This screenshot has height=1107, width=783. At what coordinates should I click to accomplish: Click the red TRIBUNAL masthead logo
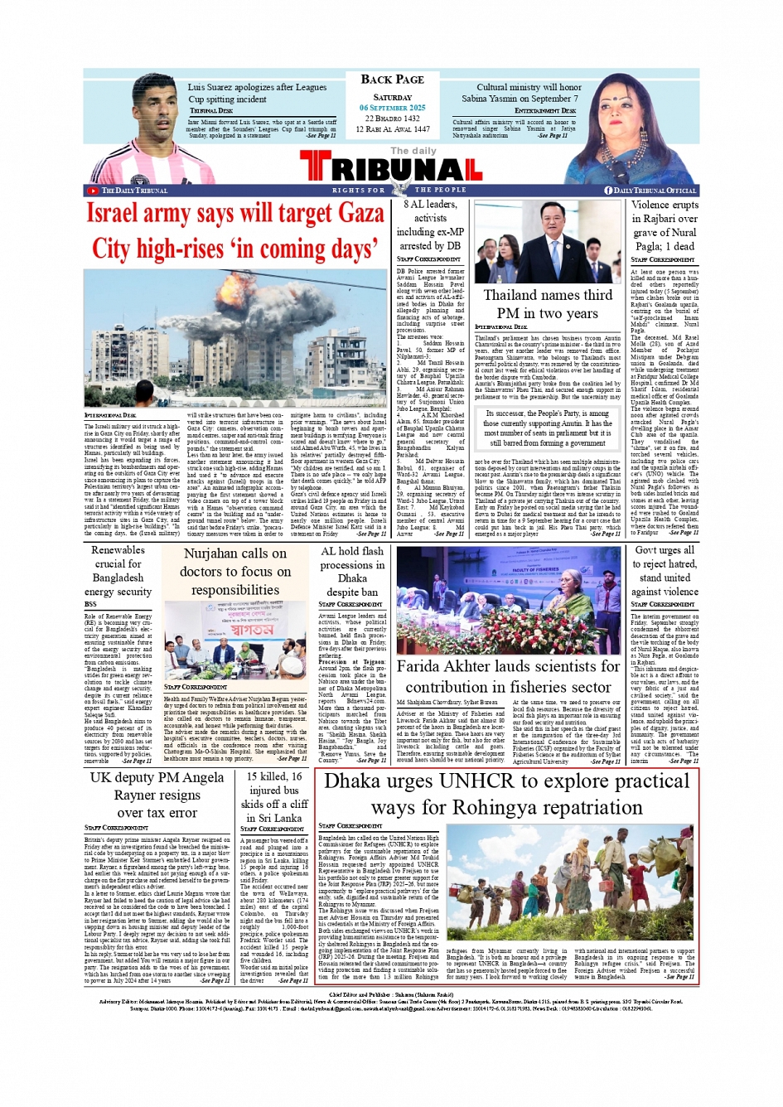pyautogui.click(x=390, y=169)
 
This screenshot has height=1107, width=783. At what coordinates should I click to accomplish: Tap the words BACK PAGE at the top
pyautogui.click(x=393, y=80)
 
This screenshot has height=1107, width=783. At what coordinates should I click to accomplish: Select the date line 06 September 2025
pyautogui.click(x=393, y=108)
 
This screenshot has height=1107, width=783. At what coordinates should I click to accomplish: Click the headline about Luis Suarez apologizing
pyautogui.click(x=257, y=93)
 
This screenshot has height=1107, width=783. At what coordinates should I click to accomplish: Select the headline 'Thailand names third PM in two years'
pyautogui.click(x=548, y=304)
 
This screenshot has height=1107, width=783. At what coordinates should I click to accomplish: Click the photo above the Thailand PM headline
pyautogui.click(x=547, y=239)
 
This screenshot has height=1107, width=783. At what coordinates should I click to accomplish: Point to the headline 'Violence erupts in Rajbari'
pyautogui.click(x=664, y=225)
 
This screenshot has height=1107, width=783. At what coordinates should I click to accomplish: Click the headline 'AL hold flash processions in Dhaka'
pyautogui.click(x=352, y=572)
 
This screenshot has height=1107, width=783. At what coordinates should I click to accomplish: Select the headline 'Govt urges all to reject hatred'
pyautogui.click(x=664, y=571)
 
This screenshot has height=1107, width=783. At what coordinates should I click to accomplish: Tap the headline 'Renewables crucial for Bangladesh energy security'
pyautogui.click(x=118, y=571)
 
